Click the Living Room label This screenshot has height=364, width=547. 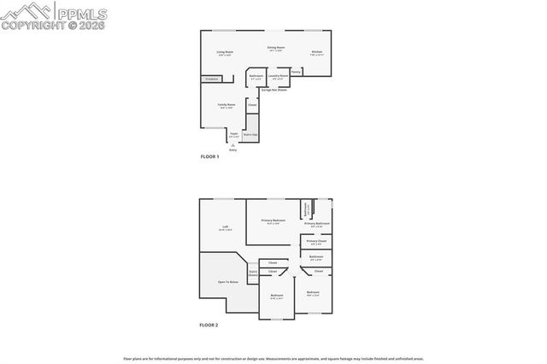(x=225, y=53)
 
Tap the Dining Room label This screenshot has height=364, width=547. (x=275, y=48)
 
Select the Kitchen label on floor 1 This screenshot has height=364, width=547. (x=316, y=53)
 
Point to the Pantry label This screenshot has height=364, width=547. (x=296, y=72)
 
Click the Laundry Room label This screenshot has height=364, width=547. (x=276, y=76)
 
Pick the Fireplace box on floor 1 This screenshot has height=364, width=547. (x=211, y=79)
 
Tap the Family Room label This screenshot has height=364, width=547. (x=226, y=105)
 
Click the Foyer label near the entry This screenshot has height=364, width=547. (x=233, y=133)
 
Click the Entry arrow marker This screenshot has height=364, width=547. (x=232, y=146)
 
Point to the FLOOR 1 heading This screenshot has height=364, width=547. (x=209, y=157)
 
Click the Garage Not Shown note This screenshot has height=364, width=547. (x=274, y=90)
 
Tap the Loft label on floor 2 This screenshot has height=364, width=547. (x=225, y=227)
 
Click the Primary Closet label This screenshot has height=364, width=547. (x=316, y=242)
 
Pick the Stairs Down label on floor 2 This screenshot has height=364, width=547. (x=253, y=273)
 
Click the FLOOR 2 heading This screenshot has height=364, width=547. (x=209, y=326)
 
